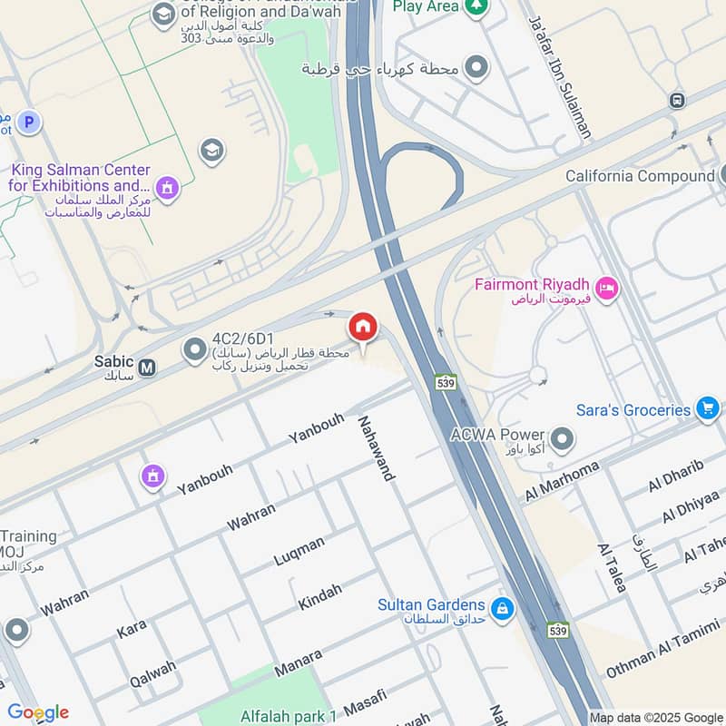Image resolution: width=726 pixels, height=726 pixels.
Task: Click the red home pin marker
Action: tap(363, 328)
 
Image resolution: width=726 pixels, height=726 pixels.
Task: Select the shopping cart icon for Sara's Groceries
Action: tap(707, 409)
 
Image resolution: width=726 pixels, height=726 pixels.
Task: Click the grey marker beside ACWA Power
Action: tap(563, 440)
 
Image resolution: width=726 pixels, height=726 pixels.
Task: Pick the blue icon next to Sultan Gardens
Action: tap(500, 606)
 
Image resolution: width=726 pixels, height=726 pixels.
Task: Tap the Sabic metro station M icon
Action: tap(147, 368)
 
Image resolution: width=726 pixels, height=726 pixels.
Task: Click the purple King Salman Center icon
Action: tap(166, 188)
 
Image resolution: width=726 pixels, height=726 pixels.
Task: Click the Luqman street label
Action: tap(299, 551)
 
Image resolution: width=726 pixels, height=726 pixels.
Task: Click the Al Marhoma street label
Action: tap(563, 482)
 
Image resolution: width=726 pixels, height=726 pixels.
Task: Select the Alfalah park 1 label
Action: tap(288, 716)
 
